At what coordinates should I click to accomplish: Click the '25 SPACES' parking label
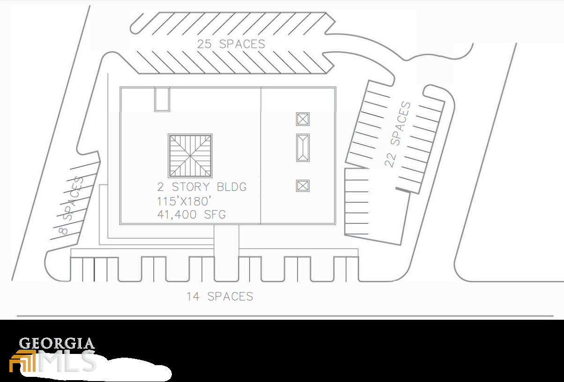tap(231, 44)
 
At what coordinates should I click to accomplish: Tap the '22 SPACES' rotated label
tap(398, 134)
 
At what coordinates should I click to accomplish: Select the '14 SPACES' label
tap(220, 296)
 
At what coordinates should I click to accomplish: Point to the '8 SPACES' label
tap(71, 206)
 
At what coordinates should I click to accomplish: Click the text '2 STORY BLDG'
tap(202, 187)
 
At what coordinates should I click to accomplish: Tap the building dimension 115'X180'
tap(184, 201)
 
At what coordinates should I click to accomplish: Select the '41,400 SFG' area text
tap(191, 214)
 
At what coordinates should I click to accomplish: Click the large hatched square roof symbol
tap(190, 156)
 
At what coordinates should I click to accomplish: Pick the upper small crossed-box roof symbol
tap(303, 119)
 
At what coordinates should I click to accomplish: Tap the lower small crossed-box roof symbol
tap(303, 186)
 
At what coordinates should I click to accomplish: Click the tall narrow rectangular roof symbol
tap(303, 148)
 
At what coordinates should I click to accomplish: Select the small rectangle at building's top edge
tap(162, 99)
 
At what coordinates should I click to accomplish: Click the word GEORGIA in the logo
tap(57, 344)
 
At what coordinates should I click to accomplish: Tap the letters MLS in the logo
tap(67, 361)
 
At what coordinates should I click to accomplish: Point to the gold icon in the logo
tap(22, 361)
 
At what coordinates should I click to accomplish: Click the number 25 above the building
tap(204, 44)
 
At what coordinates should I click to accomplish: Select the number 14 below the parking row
tap(193, 296)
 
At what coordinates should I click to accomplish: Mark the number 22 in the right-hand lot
tap(391, 160)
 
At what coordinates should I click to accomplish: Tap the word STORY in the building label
tap(191, 187)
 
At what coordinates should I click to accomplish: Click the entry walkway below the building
tap(226, 252)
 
